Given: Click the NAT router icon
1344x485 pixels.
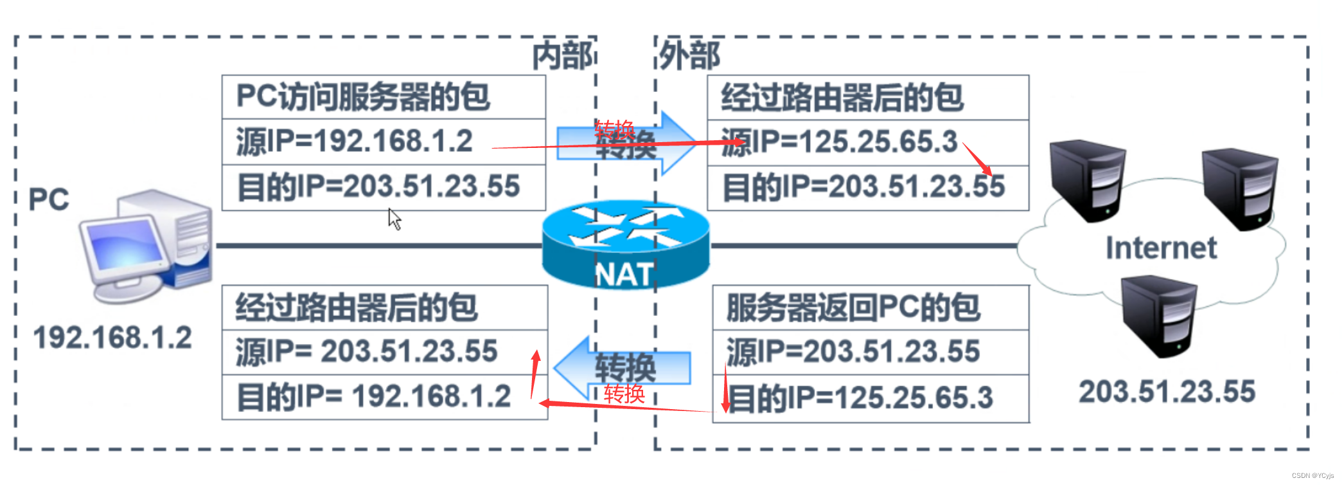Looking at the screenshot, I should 625,245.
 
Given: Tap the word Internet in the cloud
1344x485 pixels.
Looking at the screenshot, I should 1161,248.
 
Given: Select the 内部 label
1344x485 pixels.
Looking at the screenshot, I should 563,56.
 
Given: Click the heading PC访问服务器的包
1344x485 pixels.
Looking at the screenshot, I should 363,97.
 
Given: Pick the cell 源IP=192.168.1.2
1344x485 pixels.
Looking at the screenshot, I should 355,142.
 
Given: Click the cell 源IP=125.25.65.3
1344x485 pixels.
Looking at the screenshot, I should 839,142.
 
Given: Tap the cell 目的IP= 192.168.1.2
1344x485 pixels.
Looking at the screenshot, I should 375,396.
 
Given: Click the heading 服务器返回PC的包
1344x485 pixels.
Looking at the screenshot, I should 853,308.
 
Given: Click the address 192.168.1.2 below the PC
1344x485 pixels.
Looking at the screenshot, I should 112,338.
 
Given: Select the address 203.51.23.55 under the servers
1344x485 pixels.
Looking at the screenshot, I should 1167,392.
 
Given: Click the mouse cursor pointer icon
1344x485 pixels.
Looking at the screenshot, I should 394,219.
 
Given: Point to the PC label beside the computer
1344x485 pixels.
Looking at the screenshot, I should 49,199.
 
